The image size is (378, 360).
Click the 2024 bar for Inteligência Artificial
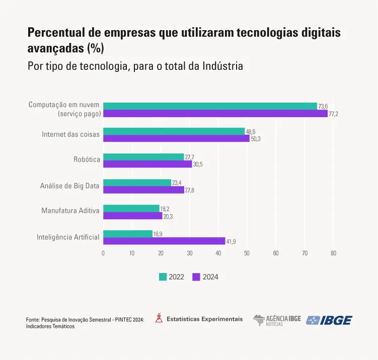coord(164,241)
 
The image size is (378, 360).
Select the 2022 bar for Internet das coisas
coord(174,131)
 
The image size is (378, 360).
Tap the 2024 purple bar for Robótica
coord(147,164)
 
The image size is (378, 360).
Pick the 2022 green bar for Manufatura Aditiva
coord(131,208)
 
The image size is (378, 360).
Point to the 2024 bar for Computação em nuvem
coord(215,113)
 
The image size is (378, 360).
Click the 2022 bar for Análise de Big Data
coord(137,183)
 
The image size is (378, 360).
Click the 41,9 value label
coord(231,242)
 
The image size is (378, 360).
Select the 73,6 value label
coord(323,106)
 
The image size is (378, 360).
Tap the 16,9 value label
coord(158,234)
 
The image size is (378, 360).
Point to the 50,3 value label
coord(256,139)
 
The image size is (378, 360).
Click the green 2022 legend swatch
coord(163,277)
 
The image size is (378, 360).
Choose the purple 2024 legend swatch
coord(196,277)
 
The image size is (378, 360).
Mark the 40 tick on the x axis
coord(218,253)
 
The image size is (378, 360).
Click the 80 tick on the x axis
coord(333,253)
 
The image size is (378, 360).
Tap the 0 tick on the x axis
coord(103,253)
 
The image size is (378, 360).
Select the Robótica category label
coord(87,160)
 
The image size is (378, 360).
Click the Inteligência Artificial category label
coord(68,237)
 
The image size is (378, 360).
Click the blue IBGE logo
coord(329,320)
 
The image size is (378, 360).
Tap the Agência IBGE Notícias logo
coord(277,320)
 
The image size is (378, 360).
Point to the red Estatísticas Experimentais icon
coord(159,318)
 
